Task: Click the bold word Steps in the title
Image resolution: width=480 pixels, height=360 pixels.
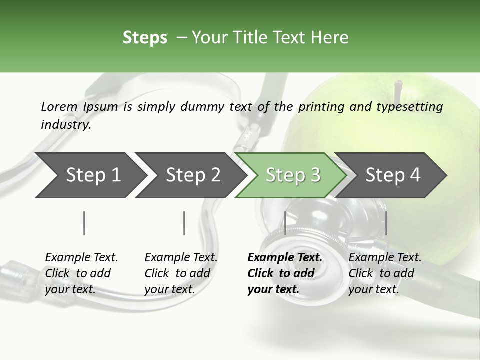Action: (145, 38)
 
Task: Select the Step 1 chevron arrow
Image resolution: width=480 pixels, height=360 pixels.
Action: (91, 175)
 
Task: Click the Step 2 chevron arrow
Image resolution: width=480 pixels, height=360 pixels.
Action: (191, 175)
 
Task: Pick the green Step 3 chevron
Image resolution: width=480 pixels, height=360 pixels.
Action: (291, 175)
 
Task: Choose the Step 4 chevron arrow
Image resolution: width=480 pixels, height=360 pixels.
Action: (390, 175)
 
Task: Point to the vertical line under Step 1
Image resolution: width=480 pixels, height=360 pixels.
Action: (84, 223)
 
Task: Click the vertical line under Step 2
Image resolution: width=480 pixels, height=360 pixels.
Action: (184, 223)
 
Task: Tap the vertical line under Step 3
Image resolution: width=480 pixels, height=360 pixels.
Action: (285, 223)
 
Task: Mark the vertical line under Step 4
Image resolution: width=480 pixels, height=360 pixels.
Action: (386, 223)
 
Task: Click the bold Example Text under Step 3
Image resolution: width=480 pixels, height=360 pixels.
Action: (285, 257)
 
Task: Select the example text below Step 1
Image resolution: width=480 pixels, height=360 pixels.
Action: (81, 273)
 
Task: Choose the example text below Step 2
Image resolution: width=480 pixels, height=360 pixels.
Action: (181, 273)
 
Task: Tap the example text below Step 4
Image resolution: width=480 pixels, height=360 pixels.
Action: (385, 273)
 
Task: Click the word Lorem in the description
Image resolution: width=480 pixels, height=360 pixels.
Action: (59, 107)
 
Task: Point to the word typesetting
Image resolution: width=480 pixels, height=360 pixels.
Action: (410, 107)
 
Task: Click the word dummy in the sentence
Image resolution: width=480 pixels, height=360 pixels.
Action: (202, 107)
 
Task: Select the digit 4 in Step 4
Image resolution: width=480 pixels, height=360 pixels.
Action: (415, 175)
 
